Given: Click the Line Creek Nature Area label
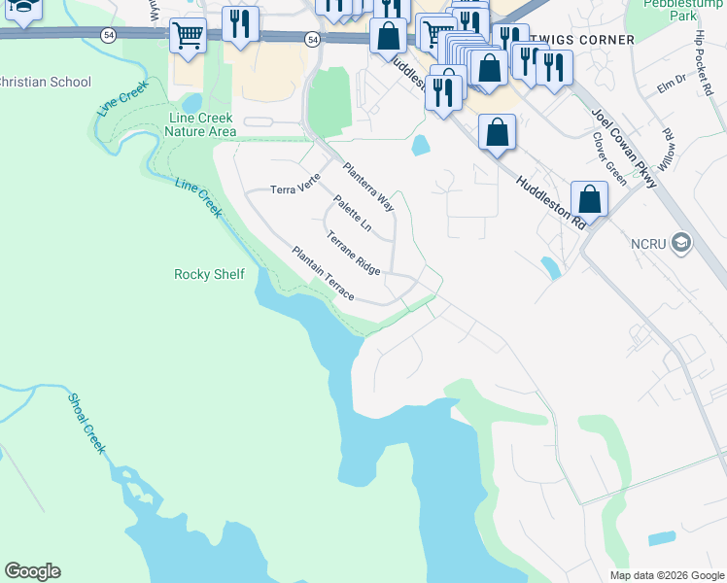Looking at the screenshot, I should pyautogui.click(x=202, y=124).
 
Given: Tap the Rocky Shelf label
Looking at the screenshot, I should pyautogui.click(x=209, y=274).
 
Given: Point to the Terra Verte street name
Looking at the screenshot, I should pyautogui.click(x=294, y=189).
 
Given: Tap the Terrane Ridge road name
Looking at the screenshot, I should pyautogui.click(x=353, y=251).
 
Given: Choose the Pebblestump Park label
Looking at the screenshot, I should pyautogui.click(x=682, y=10).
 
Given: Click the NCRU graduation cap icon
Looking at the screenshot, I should pyautogui.click(x=681, y=242).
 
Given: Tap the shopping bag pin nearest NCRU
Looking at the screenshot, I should pyautogui.click(x=589, y=200).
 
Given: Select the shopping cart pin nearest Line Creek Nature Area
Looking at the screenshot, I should pyautogui.click(x=188, y=37).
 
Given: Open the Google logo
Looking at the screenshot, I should pyautogui.click(x=32, y=571).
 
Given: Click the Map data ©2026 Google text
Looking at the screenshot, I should pyautogui.click(x=666, y=575).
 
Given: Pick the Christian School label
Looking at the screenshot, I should pyautogui.click(x=45, y=83).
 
